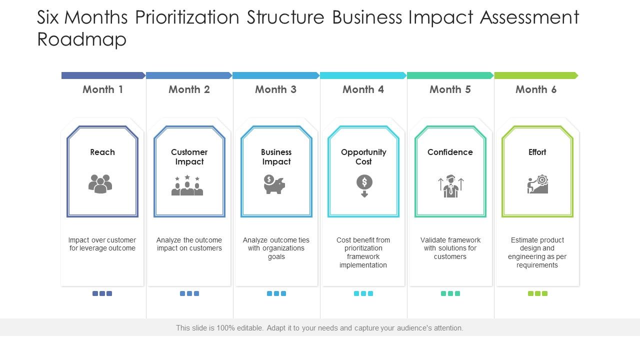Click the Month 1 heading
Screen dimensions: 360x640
(102, 89)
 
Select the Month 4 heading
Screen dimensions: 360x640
(363, 89)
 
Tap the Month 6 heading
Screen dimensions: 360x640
(536, 89)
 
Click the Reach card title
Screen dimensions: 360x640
(102, 152)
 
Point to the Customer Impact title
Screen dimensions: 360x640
(189, 157)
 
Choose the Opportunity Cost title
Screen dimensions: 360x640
(363, 157)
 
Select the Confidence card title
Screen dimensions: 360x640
(450, 152)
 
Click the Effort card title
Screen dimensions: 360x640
(537, 152)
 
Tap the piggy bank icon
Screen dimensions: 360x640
(274, 184)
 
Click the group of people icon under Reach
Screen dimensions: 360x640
(100, 184)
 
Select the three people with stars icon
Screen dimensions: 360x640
(187, 185)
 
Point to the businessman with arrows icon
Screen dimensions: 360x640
(450, 186)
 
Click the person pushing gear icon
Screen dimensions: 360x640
(538, 184)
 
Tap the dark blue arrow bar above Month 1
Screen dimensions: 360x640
(103, 75)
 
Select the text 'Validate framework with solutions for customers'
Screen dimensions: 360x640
(450, 248)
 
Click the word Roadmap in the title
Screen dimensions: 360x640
(82, 39)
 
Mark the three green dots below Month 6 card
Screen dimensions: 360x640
(537, 293)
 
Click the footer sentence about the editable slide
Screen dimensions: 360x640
(319, 328)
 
